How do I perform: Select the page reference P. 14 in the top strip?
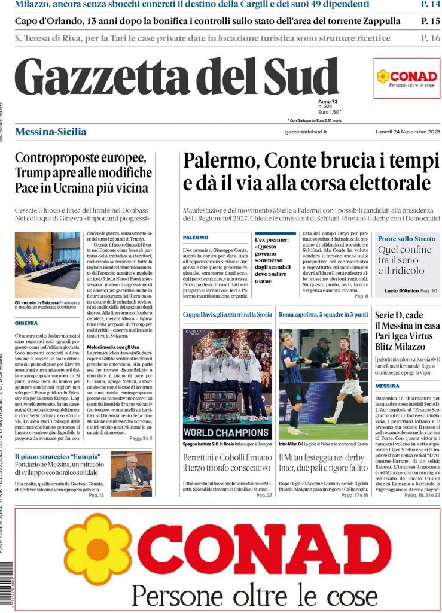(x=430, y=5)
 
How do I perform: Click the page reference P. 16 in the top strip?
(x=430, y=38)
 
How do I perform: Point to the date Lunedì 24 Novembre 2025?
(x=407, y=132)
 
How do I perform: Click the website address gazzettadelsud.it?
(x=306, y=132)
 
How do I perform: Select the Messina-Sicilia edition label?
(x=50, y=132)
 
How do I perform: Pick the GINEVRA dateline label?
(x=26, y=323)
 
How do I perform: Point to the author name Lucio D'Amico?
(x=401, y=290)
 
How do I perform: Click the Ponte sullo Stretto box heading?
(x=407, y=239)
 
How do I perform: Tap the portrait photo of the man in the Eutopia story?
(x=131, y=472)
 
